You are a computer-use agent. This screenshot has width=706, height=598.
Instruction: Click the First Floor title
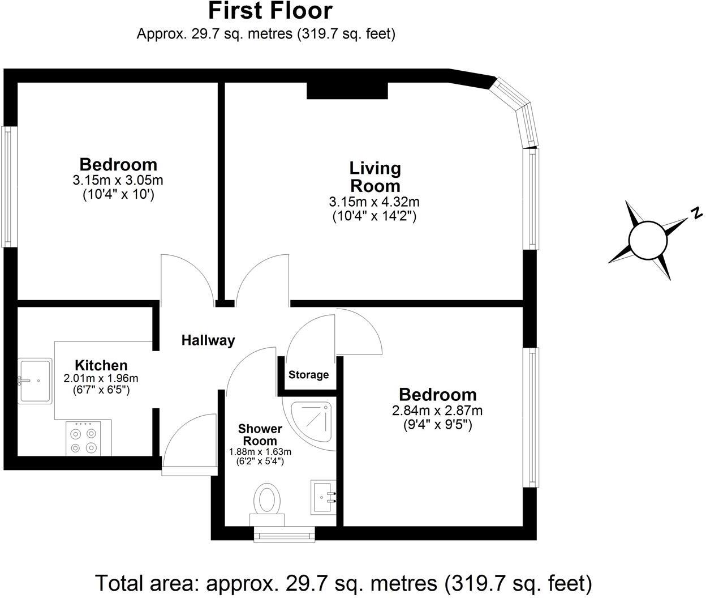click(x=270, y=11)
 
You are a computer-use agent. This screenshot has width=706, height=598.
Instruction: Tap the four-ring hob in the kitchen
click(x=83, y=438)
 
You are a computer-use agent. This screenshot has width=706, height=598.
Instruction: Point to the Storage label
click(x=308, y=375)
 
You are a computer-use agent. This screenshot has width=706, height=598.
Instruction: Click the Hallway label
click(x=208, y=340)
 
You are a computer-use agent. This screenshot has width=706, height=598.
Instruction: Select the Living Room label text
click(x=374, y=177)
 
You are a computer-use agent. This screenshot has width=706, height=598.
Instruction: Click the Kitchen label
click(x=101, y=365)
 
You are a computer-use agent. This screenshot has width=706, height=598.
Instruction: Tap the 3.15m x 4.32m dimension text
click(x=374, y=202)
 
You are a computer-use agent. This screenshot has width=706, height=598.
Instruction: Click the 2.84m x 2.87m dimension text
click(x=437, y=411)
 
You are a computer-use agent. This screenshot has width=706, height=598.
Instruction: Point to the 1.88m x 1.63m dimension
click(x=260, y=452)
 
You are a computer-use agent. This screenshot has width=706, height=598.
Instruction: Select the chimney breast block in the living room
click(x=347, y=91)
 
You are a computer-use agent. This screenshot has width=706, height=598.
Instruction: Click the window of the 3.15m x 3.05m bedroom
click(x=7, y=186)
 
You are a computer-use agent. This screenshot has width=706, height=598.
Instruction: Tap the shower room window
click(x=284, y=533)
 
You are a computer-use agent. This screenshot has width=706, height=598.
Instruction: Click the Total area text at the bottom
click(x=343, y=582)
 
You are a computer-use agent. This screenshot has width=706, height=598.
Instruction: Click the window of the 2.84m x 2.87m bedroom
click(x=531, y=417)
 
